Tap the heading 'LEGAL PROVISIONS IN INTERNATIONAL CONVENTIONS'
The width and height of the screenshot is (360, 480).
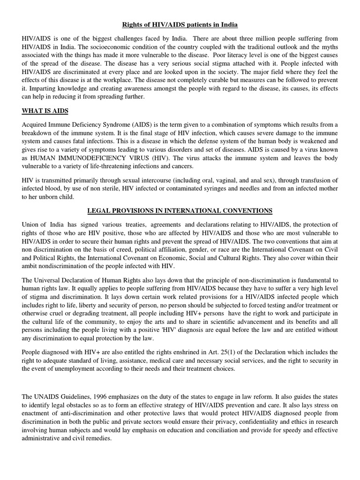point(180,210)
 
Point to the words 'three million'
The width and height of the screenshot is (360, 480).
point(265,38)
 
